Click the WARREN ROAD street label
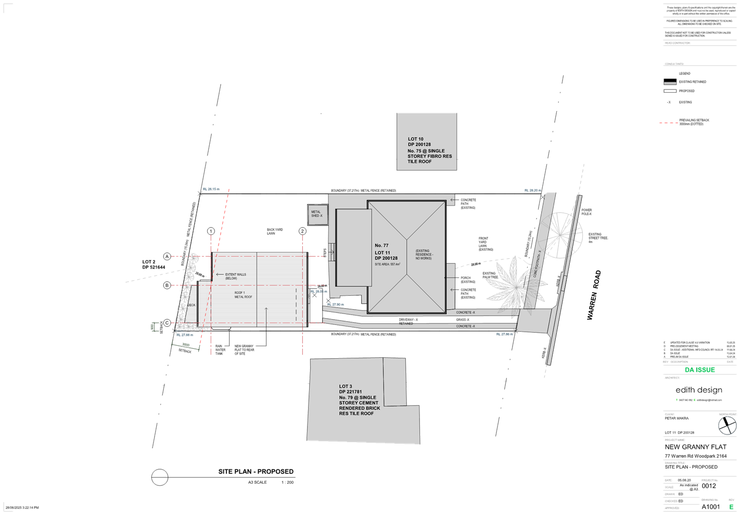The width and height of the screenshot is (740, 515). click(x=594, y=295)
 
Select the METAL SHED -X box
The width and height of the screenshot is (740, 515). click(x=317, y=214)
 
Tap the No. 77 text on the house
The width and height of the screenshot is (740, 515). click(x=381, y=245)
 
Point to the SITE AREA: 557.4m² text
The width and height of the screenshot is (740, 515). click(x=387, y=265)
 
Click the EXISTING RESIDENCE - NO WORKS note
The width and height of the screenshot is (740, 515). click(x=424, y=255)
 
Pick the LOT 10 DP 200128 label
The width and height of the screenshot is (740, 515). click(x=419, y=142)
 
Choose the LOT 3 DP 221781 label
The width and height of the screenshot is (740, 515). click(x=350, y=389)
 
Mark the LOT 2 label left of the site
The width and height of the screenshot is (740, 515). click(x=149, y=262)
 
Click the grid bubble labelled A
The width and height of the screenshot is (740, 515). click(x=167, y=256)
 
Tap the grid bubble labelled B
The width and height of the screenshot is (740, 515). click(x=167, y=285)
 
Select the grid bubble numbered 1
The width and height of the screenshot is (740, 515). click(x=211, y=231)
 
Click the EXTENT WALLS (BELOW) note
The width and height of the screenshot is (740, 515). click(x=235, y=277)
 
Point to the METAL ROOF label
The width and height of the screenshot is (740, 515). click(x=243, y=297)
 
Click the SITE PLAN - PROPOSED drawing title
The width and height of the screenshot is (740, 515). click(x=256, y=471)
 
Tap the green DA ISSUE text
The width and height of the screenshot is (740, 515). click(x=699, y=370)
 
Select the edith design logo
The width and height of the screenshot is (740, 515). click(x=698, y=390)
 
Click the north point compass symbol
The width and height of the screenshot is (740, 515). click(x=727, y=425)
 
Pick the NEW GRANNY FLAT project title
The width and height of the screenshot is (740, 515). click(x=695, y=447)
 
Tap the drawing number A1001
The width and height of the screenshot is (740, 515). click(x=710, y=506)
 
